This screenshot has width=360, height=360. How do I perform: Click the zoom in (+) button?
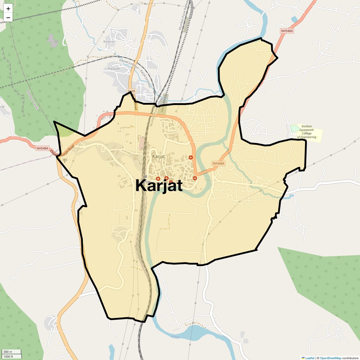tap(8, 9)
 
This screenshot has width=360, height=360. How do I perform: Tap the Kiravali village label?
tap(109, 42)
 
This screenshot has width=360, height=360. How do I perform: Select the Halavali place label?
tap(114, 69)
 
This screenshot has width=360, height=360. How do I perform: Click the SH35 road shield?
tap(132, 91)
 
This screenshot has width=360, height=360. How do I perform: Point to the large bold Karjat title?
tap(159, 185)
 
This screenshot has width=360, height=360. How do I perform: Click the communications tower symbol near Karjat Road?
tap(64, 160)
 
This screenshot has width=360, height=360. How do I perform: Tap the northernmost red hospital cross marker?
tap(190, 157)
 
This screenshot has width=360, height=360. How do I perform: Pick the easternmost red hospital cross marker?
tap(195, 178)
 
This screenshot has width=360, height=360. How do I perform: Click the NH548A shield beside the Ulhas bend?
tap(218, 163)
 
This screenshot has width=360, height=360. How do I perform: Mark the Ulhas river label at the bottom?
tap(176, 337)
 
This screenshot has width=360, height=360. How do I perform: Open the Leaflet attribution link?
tap(310, 358)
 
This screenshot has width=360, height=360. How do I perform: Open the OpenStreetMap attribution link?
tap(330, 358)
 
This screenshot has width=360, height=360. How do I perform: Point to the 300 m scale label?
tap(8, 352)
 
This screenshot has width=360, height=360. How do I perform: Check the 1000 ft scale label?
tap(8, 356)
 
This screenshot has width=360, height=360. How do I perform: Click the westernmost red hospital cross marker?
tap(158, 179)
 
